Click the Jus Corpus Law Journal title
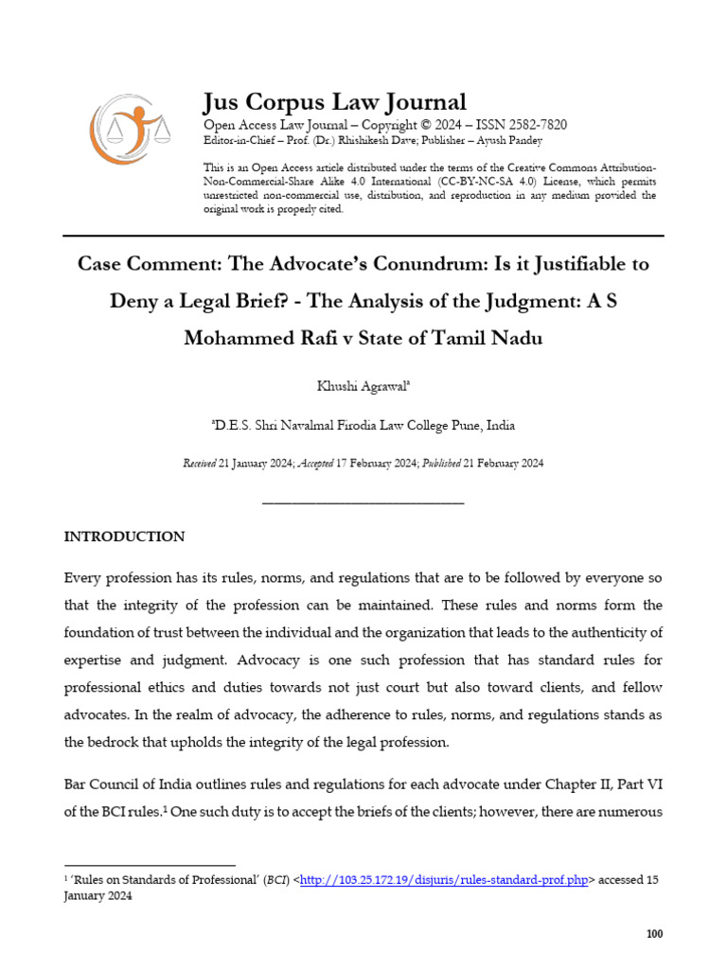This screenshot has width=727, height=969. point(335,102)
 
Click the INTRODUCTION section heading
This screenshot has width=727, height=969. point(124,537)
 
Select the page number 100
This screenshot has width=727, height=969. point(654,934)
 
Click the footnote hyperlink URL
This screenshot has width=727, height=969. point(445,880)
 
